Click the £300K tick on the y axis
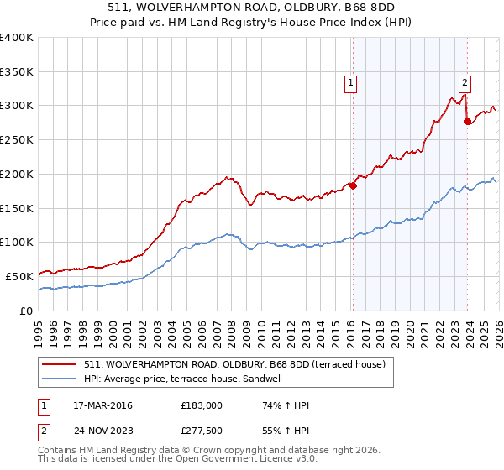[x=17, y=106]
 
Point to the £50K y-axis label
[x=19, y=276]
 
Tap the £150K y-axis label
[x=17, y=208]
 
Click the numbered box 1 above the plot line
[x=349, y=82]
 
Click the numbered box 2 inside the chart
[x=464, y=82]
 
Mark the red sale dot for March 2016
[x=353, y=185]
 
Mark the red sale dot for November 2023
[x=467, y=121]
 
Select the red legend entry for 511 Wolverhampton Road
[x=234, y=364]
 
